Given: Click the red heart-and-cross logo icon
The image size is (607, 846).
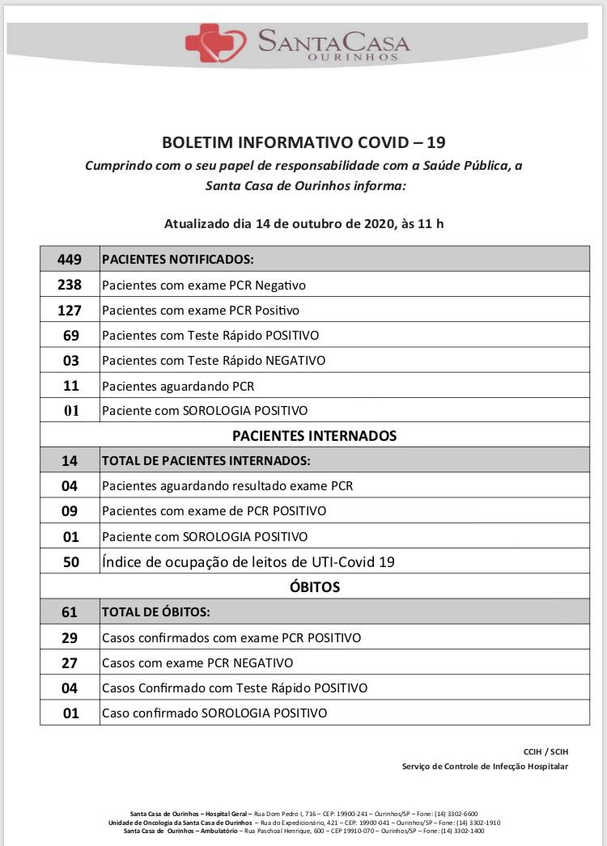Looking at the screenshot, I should [214, 43].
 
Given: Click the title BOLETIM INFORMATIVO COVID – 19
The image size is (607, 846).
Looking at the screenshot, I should [303, 143].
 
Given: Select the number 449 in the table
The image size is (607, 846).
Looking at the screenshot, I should [70, 260].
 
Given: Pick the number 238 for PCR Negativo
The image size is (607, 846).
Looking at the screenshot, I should [70, 285].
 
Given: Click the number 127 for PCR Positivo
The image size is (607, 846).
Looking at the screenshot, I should [70, 310].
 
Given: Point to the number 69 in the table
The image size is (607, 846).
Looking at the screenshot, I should [70, 335].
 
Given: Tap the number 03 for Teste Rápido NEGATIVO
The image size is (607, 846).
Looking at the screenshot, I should [70, 360].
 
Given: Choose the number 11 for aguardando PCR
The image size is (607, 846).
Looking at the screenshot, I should [70, 385].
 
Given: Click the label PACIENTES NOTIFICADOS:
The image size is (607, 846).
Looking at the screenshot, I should [178, 260].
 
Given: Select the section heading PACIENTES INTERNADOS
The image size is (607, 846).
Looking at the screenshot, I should [315, 436].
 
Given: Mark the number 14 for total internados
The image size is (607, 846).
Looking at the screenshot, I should [70, 461].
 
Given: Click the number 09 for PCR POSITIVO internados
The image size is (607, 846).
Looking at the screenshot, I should [70, 511].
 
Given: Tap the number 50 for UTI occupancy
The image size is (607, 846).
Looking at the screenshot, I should [70, 561].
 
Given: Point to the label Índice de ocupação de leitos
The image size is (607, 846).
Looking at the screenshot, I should [248, 561].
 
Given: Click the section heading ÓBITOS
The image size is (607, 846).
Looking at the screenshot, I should [315, 586].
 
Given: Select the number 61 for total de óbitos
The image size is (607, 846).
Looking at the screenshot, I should [70, 612].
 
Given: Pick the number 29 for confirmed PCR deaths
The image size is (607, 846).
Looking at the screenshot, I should [70, 637].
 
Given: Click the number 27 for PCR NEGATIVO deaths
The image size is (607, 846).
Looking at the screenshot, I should [70, 662].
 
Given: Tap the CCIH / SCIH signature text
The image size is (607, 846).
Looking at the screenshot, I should [546, 751].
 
